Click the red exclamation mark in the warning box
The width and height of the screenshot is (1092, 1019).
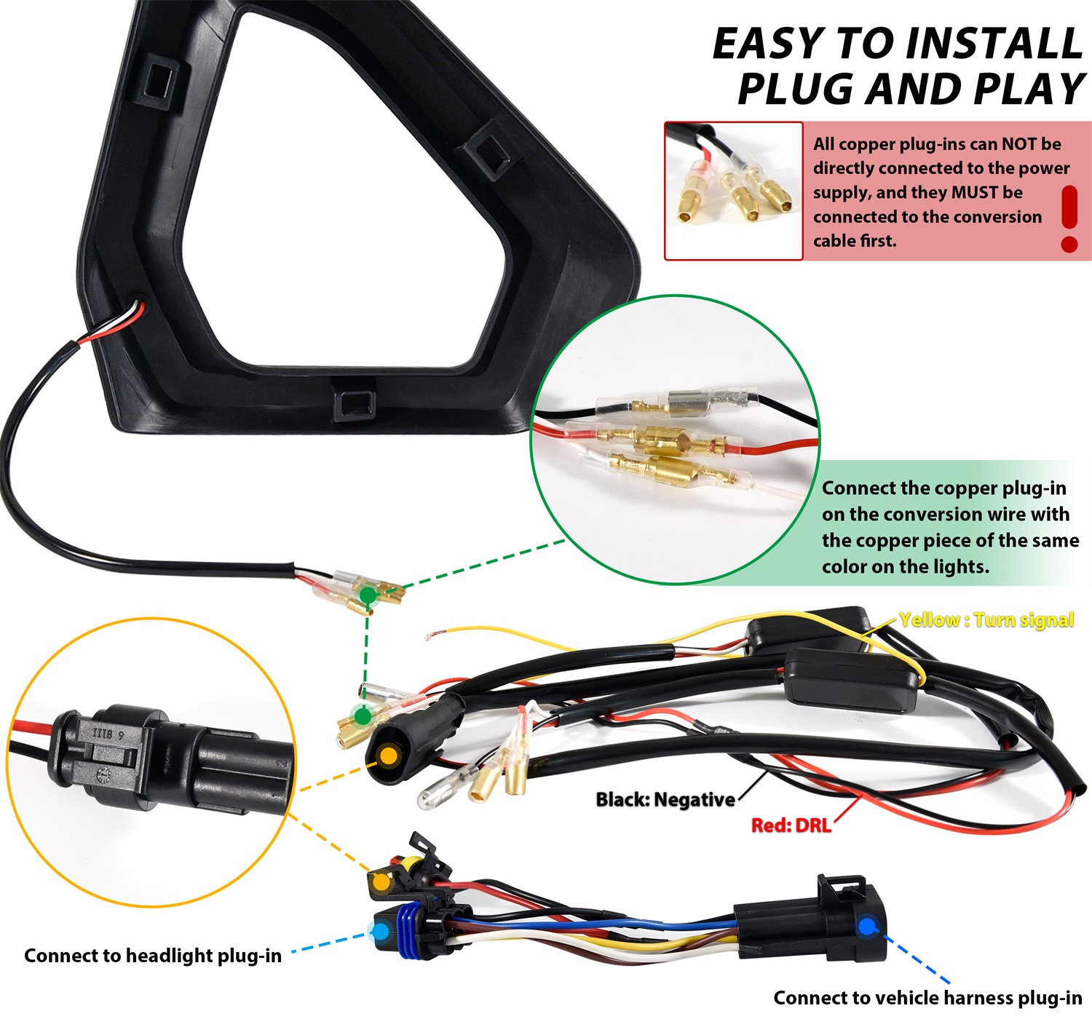[1069, 218]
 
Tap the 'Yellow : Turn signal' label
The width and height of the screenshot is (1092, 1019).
[986, 620]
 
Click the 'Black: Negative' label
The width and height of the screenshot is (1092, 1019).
[665, 799]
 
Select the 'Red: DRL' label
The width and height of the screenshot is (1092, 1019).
[791, 825]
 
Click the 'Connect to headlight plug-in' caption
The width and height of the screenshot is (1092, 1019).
[153, 956]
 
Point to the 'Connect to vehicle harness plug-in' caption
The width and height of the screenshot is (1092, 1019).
[927, 997]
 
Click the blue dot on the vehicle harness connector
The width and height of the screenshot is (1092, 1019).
[866, 927]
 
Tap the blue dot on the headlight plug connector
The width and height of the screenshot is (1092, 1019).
[380, 931]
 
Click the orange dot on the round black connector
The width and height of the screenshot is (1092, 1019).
[389, 756]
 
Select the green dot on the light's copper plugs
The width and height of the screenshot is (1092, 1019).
[368, 595]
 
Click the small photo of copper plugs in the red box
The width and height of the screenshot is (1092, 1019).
[733, 191]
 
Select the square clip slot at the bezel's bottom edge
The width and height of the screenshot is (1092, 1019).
[354, 404]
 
